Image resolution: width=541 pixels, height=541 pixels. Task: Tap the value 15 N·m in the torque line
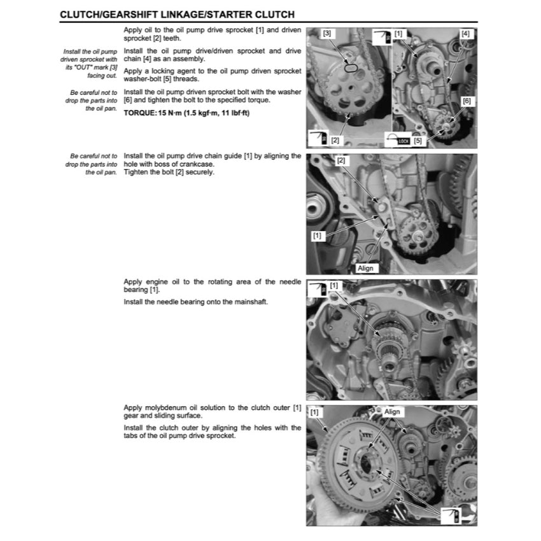point(170,114)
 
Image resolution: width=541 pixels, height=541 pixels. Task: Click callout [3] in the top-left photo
point(327,33)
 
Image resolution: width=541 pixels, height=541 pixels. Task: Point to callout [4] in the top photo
point(465,33)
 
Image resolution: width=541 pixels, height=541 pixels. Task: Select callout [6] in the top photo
point(467,101)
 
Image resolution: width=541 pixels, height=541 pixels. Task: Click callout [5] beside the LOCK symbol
point(418,141)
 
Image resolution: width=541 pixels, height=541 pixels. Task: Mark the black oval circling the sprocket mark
point(349,66)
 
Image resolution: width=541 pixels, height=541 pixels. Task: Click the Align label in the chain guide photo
point(365,268)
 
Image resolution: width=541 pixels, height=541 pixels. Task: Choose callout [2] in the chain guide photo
point(341,161)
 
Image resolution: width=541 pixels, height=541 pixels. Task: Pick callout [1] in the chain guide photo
point(316,235)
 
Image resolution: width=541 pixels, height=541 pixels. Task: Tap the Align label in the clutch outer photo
point(393,412)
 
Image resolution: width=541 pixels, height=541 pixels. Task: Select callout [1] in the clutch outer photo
point(314,412)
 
